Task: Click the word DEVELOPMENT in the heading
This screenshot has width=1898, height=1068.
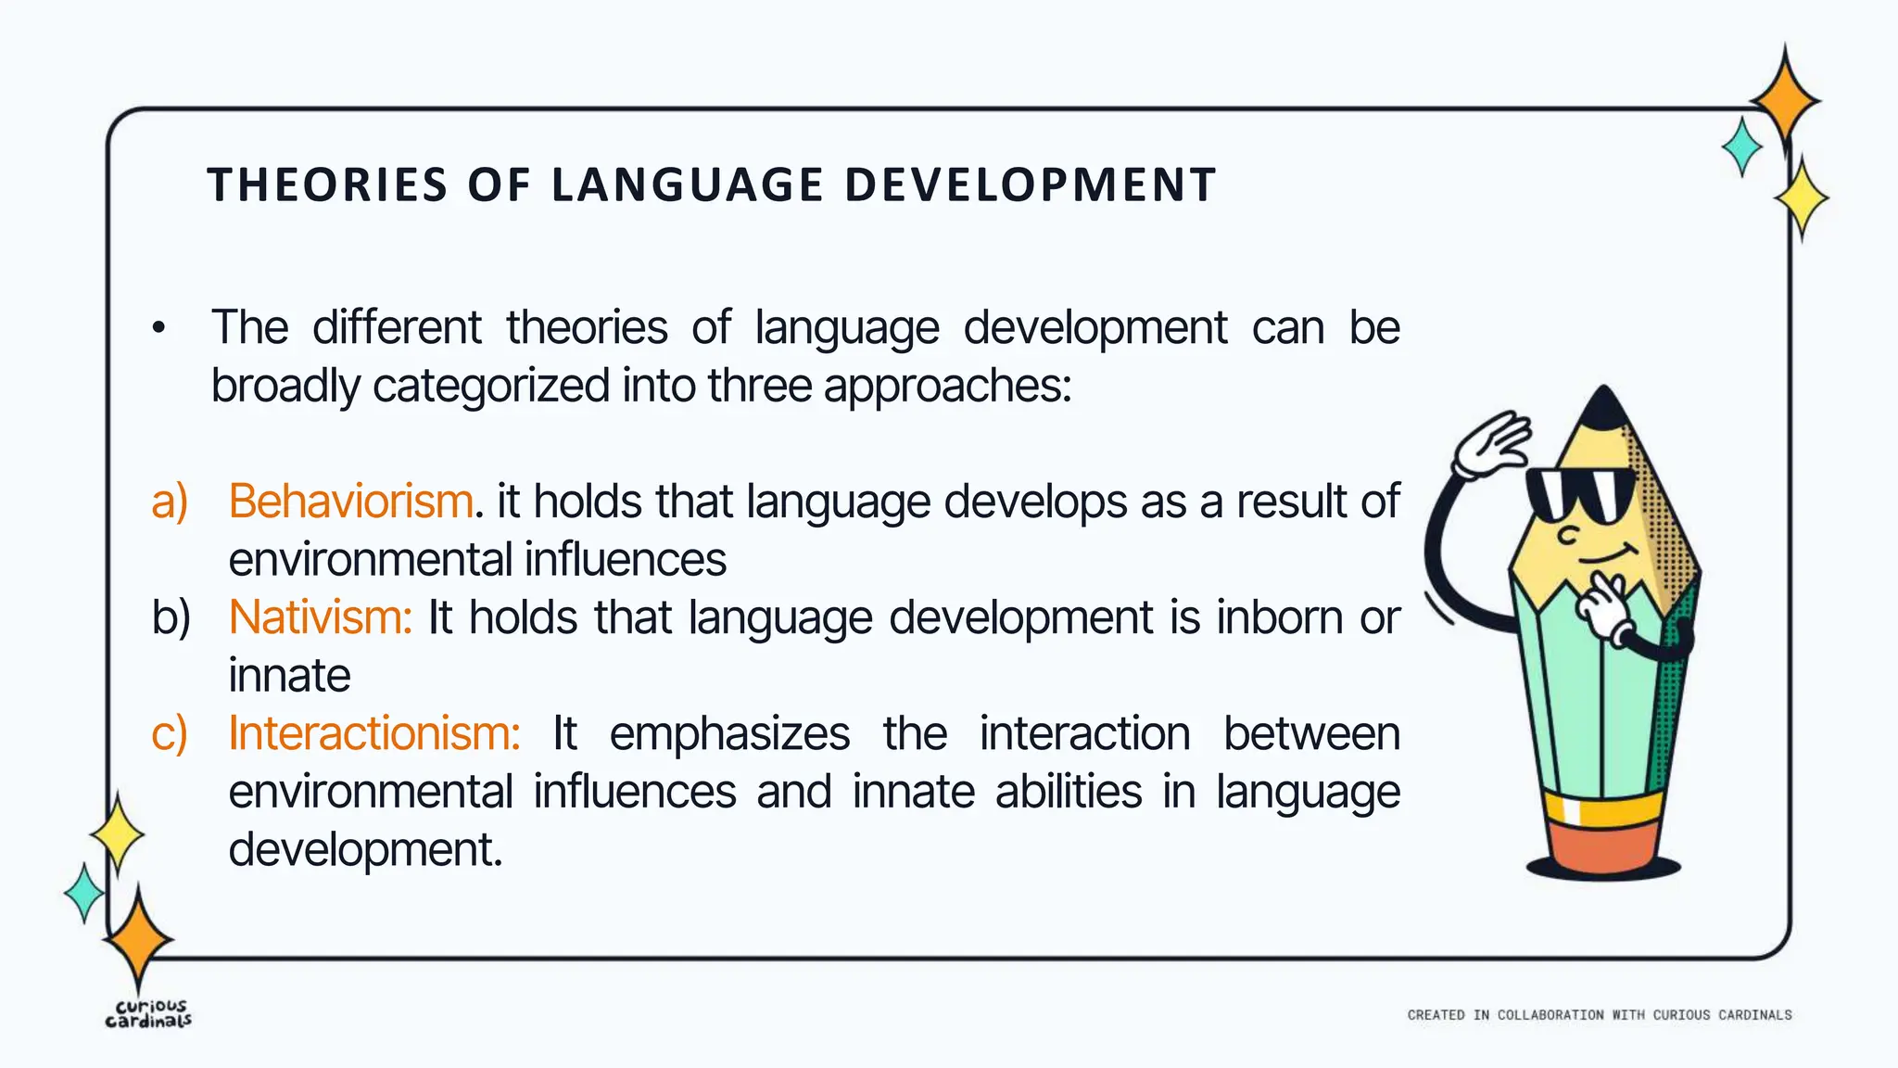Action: point(1030,184)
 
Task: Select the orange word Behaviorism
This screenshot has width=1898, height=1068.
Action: point(351,502)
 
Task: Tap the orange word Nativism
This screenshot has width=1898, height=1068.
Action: point(320,617)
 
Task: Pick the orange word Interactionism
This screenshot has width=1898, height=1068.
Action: point(374,733)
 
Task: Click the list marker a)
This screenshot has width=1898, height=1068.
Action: point(170,502)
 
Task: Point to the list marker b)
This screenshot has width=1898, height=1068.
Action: point(171,617)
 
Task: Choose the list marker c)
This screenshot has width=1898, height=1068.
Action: point(170,733)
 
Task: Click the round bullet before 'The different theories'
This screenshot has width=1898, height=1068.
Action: point(159,328)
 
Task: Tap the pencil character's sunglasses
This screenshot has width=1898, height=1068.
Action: point(1580,494)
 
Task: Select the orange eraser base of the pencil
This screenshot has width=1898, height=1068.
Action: point(1602,845)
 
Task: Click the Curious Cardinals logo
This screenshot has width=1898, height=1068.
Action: point(148,1013)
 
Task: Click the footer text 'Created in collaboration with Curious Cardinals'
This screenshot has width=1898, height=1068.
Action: point(1599,1015)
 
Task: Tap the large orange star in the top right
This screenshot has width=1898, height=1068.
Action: point(1785,99)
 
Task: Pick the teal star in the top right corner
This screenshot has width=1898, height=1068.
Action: point(1742,146)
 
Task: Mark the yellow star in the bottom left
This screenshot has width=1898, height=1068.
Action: point(117,834)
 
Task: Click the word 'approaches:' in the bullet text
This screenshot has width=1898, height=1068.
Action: point(947,386)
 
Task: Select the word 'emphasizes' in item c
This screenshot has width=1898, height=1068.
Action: point(729,733)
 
